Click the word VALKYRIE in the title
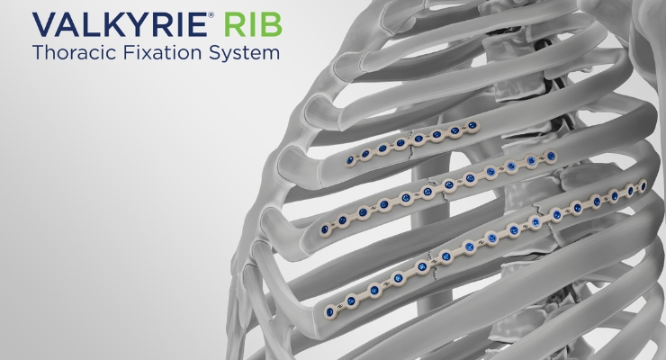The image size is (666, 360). pos(120,24)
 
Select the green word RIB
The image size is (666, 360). pos(253,24)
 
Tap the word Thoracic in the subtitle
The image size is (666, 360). pos(75,52)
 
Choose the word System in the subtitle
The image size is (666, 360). pos(244,54)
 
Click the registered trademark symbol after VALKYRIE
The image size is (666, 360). pos(211,15)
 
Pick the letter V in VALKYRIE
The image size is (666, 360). pos(45,24)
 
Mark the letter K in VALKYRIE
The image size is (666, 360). pos(112,24)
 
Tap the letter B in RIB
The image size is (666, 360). pos(273,24)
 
